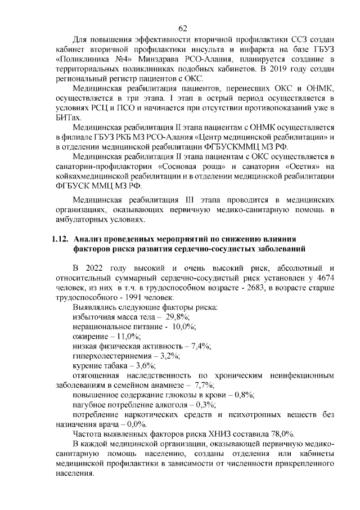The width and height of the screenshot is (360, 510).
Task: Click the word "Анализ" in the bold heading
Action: [89, 239]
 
